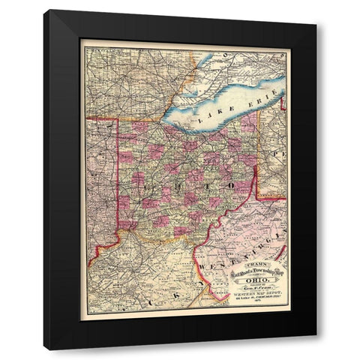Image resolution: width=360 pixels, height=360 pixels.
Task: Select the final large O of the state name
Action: pos(232,184)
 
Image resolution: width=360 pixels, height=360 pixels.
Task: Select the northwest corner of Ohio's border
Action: pos(117,118)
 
